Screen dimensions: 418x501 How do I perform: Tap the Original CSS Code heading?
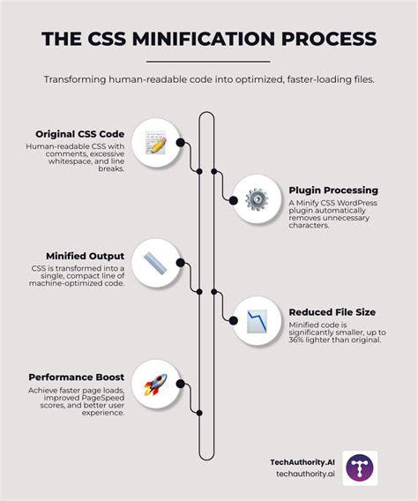[80, 134]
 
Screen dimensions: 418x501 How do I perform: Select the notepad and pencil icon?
[155, 143]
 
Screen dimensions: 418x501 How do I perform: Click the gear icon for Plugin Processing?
[257, 199]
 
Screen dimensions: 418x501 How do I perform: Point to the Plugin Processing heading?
[333, 191]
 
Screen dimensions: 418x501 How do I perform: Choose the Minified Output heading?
[85, 256]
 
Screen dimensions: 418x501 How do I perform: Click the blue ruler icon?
[155, 263]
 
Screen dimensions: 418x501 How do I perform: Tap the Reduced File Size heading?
[332, 312]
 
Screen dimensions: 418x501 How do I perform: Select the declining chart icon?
[257, 321]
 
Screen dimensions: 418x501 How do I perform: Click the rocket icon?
[155, 384]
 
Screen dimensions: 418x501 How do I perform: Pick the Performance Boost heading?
[77, 378]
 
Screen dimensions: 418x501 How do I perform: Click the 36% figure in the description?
[296, 340]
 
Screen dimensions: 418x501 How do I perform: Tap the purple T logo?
[360, 468]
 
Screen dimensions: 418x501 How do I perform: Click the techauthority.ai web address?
[306, 474]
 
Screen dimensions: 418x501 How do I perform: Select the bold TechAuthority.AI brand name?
[302, 462]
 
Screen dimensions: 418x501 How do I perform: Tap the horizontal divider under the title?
[208, 62]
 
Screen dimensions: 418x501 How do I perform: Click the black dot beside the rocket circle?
[181, 384]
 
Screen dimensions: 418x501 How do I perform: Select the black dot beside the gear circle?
[234, 200]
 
